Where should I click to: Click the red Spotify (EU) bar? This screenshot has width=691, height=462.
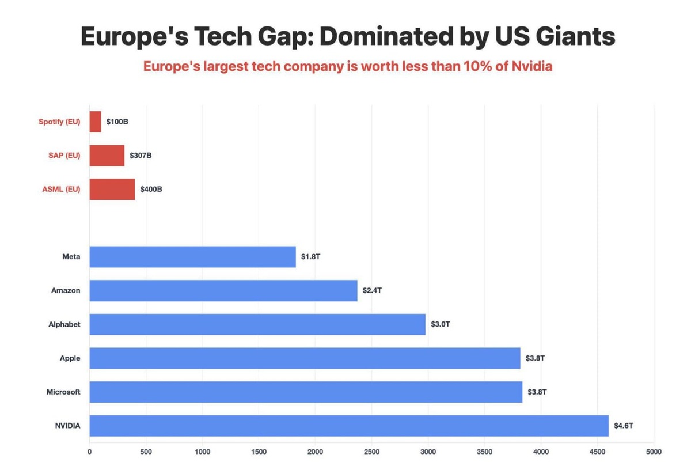click(96, 122)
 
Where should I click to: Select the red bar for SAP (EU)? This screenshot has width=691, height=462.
click(107, 156)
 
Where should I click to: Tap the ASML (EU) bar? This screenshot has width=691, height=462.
click(112, 189)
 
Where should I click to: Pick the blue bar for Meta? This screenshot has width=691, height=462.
click(192, 257)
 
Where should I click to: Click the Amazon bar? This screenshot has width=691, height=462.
click(223, 290)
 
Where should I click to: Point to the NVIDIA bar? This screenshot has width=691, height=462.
click(349, 426)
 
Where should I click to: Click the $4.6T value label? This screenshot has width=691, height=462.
click(624, 426)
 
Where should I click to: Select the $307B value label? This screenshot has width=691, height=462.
click(141, 156)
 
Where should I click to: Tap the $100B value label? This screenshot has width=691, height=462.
click(118, 122)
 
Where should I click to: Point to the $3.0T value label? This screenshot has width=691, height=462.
click(441, 324)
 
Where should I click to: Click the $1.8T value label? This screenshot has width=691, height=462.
click(310, 257)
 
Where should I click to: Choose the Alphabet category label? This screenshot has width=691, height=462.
click(64, 324)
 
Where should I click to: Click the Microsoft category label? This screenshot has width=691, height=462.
click(63, 392)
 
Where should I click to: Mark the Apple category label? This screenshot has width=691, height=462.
click(70, 358)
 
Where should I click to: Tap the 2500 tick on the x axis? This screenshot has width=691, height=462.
click(371, 452)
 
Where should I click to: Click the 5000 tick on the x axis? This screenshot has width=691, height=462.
click(654, 452)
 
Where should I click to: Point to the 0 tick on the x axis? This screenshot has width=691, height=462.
click(90, 452)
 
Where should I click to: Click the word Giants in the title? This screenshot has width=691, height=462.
click(572, 37)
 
